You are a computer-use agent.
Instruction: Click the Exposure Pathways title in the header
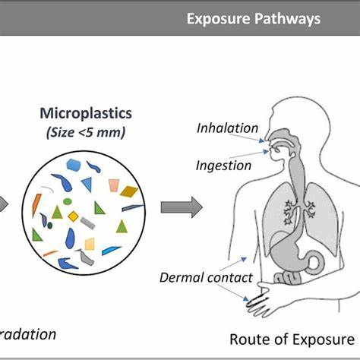click(253, 18)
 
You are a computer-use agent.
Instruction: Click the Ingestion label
click(224, 164)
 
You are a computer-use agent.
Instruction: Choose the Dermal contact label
click(205, 276)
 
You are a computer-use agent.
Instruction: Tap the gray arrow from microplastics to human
click(181, 206)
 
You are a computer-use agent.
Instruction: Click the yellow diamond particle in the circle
click(74, 216)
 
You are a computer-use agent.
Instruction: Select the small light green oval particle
click(67, 201)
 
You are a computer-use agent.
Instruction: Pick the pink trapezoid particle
click(114, 185)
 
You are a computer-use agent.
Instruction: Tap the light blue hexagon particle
click(74, 165)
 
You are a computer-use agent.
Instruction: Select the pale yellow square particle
click(90, 244)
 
